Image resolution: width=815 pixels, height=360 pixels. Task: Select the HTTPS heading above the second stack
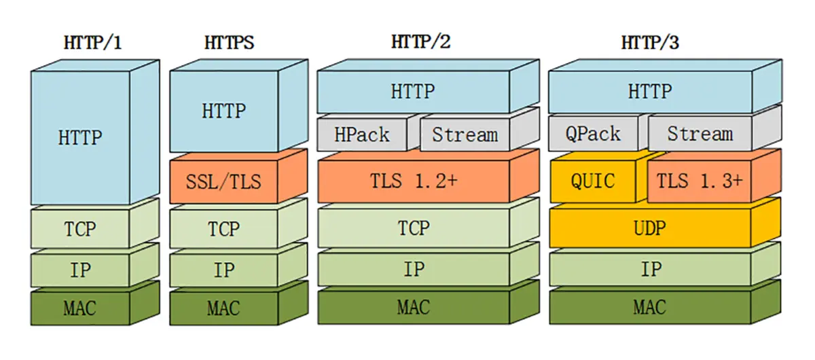pyautogui.click(x=229, y=43)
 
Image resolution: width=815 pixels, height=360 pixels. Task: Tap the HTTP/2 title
pyautogui.click(x=420, y=42)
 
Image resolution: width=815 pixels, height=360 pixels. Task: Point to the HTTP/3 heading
pyautogui.click(x=650, y=43)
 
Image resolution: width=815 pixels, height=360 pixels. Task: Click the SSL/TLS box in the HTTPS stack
pyautogui.click(x=223, y=182)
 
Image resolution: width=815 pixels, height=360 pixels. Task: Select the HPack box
pyautogui.click(x=362, y=134)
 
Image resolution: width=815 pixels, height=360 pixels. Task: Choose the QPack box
pyautogui.click(x=593, y=134)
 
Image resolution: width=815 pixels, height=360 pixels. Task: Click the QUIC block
pyautogui.click(x=593, y=181)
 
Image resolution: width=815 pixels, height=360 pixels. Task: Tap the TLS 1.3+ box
pyautogui.click(x=700, y=181)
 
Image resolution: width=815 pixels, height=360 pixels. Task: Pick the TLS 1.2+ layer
pyautogui.click(x=414, y=181)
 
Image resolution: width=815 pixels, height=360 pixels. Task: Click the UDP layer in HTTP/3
pyautogui.click(x=649, y=228)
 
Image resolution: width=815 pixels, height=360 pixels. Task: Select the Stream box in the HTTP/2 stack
pyautogui.click(x=465, y=134)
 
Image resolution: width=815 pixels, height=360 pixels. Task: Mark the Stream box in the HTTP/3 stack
pyautogui.click(x=700, y=134)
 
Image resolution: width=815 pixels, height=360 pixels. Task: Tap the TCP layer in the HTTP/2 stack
pyautogui.click(x=414, y=228)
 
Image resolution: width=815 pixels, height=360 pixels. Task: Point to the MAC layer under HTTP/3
pyautogui.click(x=649, y=307)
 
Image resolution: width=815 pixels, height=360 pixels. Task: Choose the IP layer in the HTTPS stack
pyautogui.click(x=223, y=270)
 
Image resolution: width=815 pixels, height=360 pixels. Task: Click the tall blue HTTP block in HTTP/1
pyautogui.click(x=80, y=138)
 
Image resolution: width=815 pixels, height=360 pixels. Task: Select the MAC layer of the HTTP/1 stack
pyautogui.click(x=80, y=308)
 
